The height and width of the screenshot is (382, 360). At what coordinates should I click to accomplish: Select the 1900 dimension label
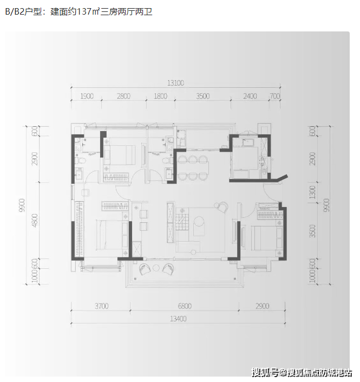(87, 96)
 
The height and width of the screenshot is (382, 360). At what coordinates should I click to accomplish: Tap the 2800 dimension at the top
(123, 96)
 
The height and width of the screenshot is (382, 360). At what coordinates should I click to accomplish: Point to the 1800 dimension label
(160, 96)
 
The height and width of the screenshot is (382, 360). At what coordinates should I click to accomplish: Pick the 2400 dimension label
(249, 96)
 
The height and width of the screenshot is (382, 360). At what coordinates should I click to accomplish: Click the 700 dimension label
(275, 96)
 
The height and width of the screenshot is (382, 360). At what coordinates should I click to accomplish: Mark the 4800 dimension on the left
(34, 223)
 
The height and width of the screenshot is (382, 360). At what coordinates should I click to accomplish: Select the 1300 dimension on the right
(312, 192)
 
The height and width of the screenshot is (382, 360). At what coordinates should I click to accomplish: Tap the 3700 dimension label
(101, 307)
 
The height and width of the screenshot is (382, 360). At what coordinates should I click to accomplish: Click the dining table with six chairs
(193, 167)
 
